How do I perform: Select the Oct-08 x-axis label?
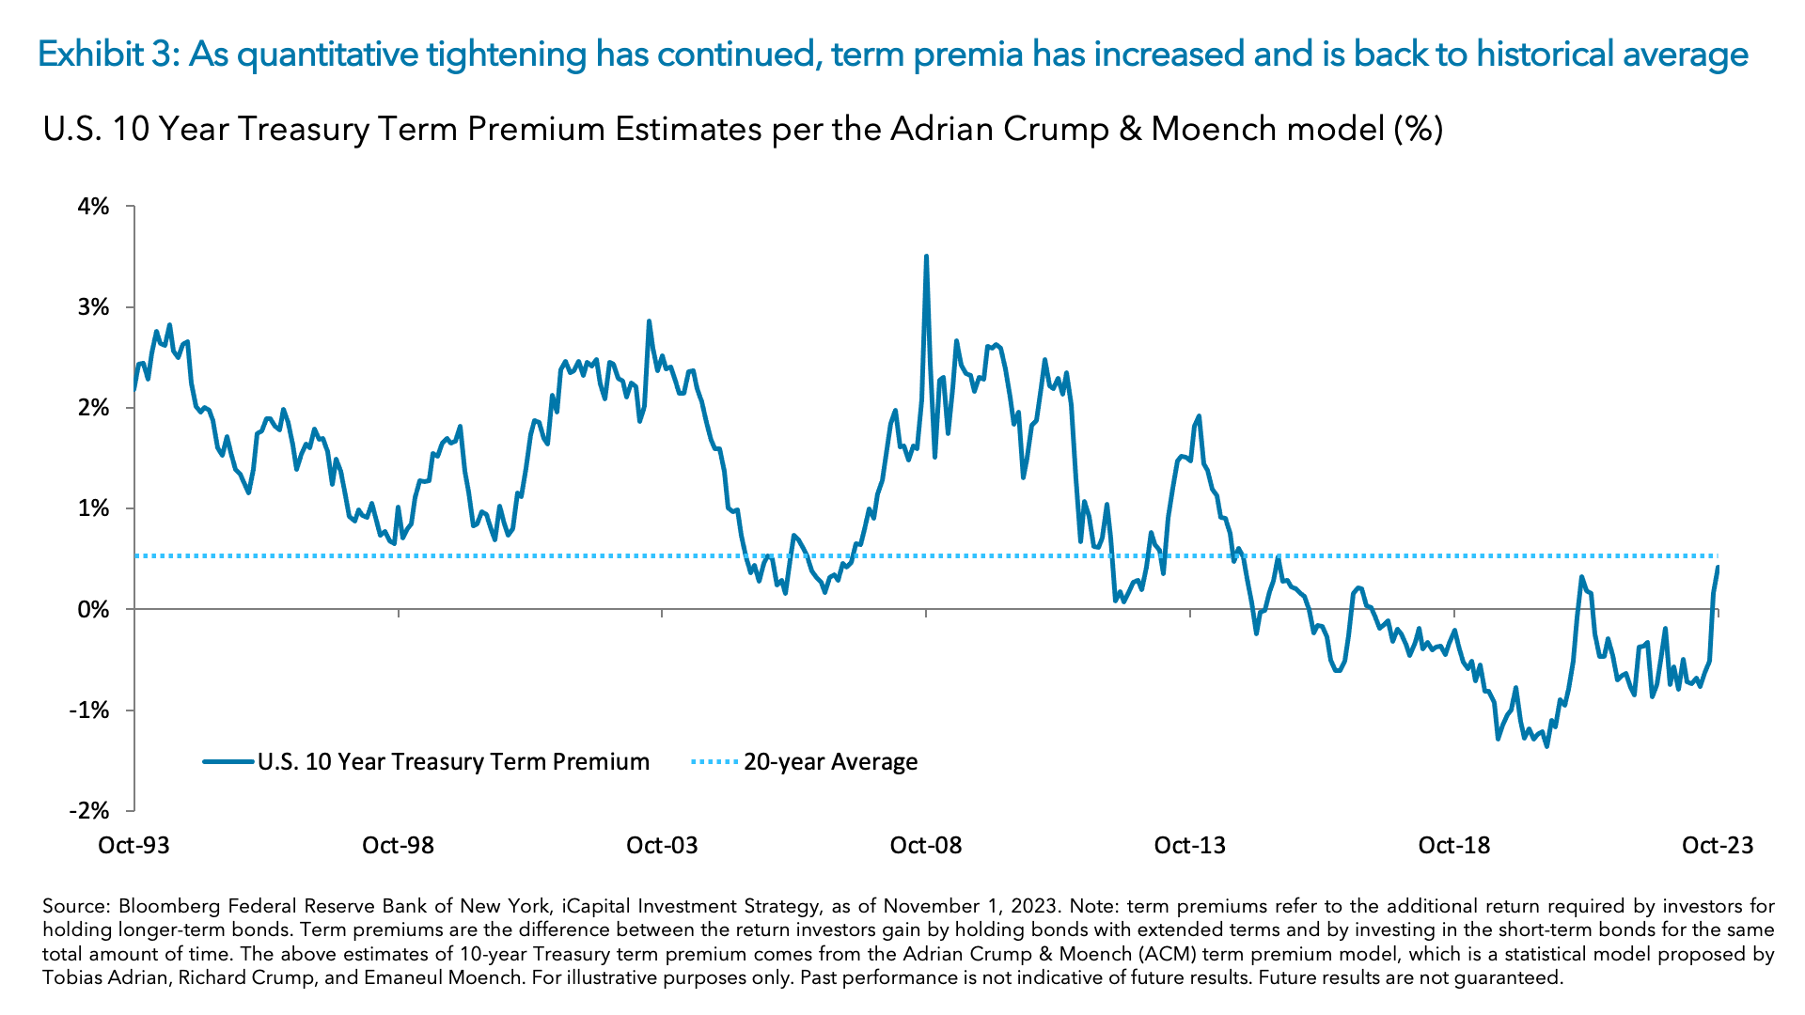coord(925,845)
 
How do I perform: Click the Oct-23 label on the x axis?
coord(1717,845)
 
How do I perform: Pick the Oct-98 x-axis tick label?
coord(398,845)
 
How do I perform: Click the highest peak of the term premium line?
coord(926,256)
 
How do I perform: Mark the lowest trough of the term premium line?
coord(1546,746)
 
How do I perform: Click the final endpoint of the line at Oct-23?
coord(1718,567)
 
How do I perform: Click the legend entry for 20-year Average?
coord(830,762)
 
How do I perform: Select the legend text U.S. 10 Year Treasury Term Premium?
coord(453,762)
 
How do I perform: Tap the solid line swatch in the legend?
coord(228,762)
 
